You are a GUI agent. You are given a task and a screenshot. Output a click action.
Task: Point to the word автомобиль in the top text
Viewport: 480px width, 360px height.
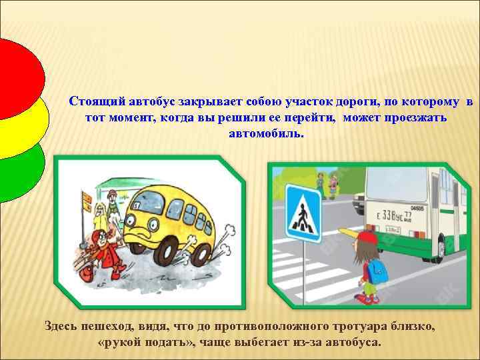(x=265, y=133)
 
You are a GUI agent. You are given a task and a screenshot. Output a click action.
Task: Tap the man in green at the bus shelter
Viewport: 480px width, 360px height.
(x=113, y=201)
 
